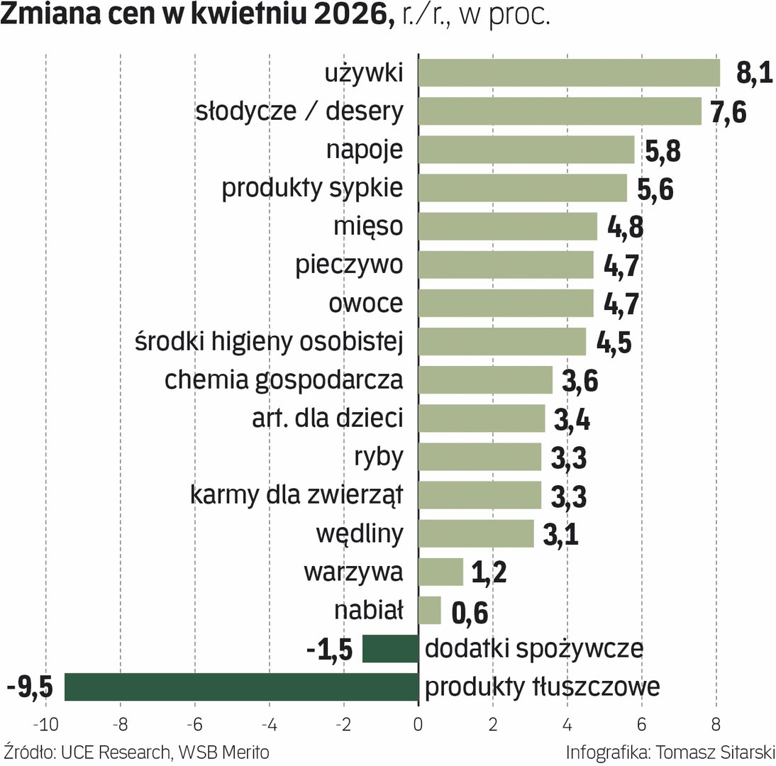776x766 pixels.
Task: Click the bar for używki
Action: tap(569, 73)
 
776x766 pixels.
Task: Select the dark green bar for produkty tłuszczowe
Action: tap(241, 687)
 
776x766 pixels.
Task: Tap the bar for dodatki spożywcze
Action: tap(390, 648)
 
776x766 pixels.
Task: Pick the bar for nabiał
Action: tap(430, 610)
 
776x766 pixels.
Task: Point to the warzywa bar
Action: tap(441, 572)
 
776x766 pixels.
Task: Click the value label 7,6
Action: tap(728, 112)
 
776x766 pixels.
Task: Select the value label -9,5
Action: tap(30, 687)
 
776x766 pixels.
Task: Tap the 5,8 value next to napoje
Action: tap(663, 150)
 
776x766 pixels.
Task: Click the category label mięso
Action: tap(368, 227)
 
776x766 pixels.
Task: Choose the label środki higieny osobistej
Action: tap(269, 342)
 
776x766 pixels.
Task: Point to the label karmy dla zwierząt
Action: tap(296, 495)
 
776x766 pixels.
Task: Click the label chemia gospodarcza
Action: tap(284, 381)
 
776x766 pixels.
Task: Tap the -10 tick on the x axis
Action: tap(45, 724)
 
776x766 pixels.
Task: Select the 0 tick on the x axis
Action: tap(419, 724)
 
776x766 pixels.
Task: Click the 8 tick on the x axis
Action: tap(716, 724)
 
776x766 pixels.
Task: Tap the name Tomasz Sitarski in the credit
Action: tap(715, 753)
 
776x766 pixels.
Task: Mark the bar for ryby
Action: tap(480, 457)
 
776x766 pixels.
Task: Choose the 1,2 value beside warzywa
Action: tap(489, 572)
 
